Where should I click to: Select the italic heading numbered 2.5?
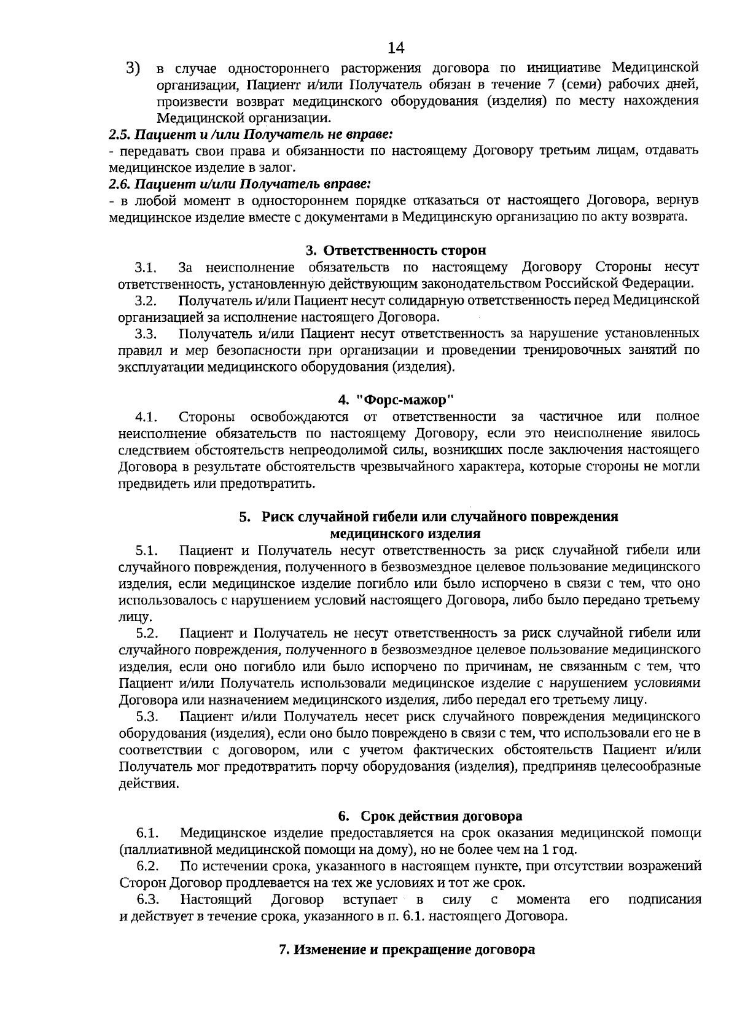click(251, 133)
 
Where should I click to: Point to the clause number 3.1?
click(146, 268)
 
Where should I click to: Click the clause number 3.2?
click(146, 302)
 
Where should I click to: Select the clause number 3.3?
click(146, 335)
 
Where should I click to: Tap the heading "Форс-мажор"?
click(405, 400)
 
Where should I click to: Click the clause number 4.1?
click(146, 418)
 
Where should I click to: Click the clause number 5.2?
click(147, 633)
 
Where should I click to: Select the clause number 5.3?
click(147, 717)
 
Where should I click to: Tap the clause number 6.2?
click(147, 867)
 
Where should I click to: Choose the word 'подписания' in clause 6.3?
click(665, 900)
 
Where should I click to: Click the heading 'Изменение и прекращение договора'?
click(407, 950)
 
